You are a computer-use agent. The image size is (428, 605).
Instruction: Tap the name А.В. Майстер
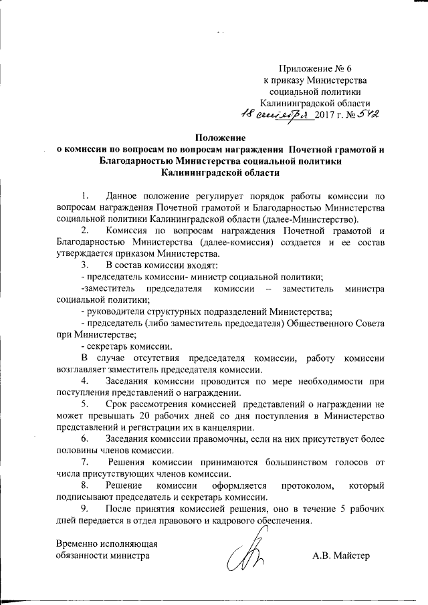(x=340, y=556)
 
